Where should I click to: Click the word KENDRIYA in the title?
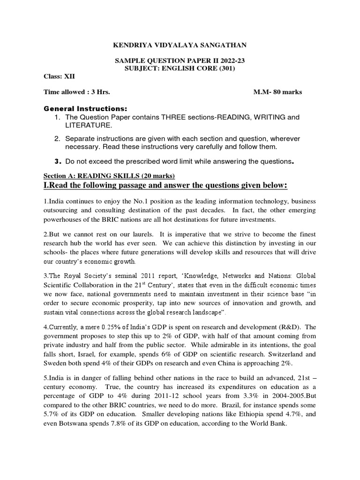pyautogui.click(x=129, y=45)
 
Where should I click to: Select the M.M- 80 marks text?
pyautogui.click(x=277, y=92)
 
